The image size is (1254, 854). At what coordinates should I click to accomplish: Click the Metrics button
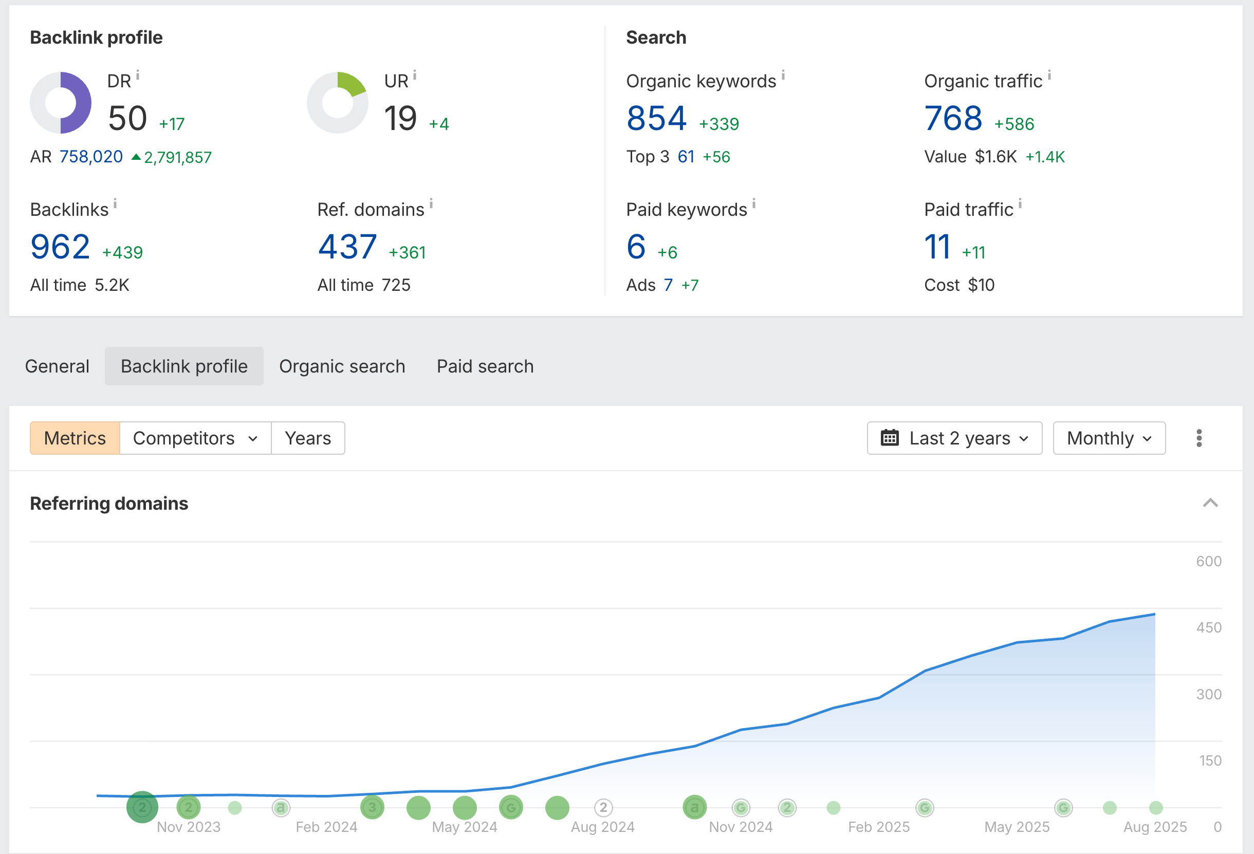[x=75, y=438]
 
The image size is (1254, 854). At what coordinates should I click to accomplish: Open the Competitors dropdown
[x=195, y=438]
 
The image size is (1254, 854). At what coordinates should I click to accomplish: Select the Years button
[x=307, y=438]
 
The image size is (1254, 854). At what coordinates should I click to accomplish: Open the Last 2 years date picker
[x=954, y=438]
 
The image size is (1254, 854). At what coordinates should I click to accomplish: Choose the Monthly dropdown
[x=1109, y=438]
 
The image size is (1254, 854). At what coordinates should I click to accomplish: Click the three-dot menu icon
[x=1199, y=438]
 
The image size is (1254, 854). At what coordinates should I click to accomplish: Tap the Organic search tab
[x=342, y=366]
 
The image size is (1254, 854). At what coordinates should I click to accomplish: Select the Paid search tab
[x=485, y=366]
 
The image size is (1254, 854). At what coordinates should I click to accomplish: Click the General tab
[x=57, y=366]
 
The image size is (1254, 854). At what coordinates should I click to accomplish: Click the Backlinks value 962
[x=60, y=247]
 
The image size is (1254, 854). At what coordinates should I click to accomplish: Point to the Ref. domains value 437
[x=347, y=247]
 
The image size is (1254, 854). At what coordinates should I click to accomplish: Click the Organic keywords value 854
[x=656, y=118]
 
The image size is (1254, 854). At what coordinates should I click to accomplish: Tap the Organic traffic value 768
[x=953, y=118]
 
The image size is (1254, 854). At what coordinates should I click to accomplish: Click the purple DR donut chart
[x=61, y=102]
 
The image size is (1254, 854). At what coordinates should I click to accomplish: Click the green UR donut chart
[x=338, y=102]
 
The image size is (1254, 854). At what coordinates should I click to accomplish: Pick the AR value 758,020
[x=90, y=157]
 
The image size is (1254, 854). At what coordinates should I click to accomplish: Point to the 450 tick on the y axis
[x=1209, y=627]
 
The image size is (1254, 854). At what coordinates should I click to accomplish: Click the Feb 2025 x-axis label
[x=878, y=827]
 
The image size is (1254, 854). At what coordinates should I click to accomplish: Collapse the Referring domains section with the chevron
[x=1210, y=504]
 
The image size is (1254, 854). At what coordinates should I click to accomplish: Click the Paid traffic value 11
[x=937, y=247]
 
